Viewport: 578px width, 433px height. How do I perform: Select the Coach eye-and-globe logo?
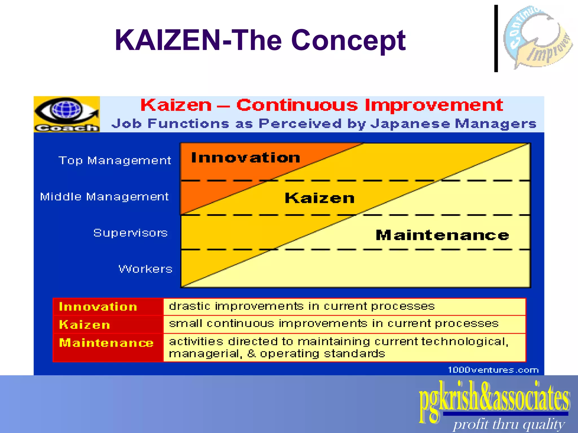(x=67, y=114)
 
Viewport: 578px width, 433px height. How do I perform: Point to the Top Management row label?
(x=115, y=160)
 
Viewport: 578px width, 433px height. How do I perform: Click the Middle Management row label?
(x=104, y=196)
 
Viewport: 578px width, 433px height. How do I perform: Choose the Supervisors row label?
(x=130, y=233)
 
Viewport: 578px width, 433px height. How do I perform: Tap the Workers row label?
(x=145, y=269)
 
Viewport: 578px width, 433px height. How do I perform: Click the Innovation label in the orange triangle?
(x=245, y=158)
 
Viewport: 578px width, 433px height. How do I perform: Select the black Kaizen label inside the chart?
(x=319, y=198)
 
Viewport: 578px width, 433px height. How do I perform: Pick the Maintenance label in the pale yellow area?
(x=442, y=235)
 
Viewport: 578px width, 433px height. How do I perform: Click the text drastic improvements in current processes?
(x=301, y=306)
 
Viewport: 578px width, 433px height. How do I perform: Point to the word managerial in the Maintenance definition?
(x=205, y=354)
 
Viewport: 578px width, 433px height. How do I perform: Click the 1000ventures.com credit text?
(x=493, y=370)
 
